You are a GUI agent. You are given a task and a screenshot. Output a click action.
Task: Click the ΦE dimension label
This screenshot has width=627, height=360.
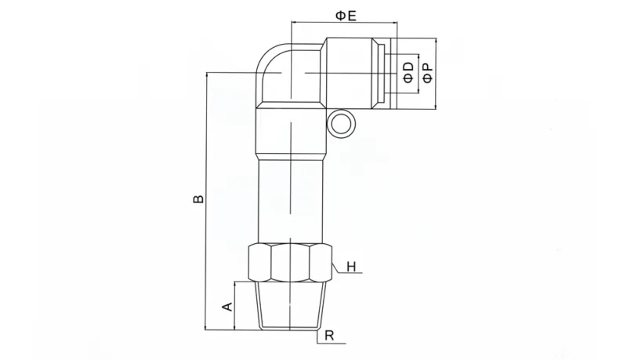(x=346, y=15)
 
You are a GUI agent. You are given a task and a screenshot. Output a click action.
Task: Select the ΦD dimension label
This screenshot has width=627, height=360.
(x=408, y=71)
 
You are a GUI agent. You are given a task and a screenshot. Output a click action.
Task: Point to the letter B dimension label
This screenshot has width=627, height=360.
(x=199, y=199)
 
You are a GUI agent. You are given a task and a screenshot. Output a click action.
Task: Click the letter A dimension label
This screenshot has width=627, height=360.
(x=227, y=305)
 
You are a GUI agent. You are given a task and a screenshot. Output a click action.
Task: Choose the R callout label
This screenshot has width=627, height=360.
(x=329, y=336)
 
